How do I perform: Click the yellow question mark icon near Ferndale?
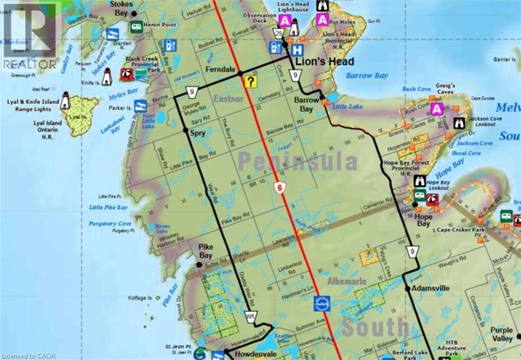point(250,81)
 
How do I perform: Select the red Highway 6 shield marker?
point(279,187)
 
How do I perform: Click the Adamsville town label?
point(430,288)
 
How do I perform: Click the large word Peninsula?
point(298,162)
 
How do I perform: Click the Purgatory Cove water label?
point(110,224)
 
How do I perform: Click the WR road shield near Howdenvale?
point(250,317)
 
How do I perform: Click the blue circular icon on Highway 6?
point(322,303)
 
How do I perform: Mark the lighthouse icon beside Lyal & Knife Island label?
point(65,100)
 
